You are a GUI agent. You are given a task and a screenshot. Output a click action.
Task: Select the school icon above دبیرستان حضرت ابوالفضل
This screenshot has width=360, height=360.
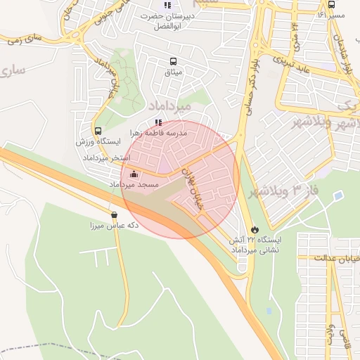167,6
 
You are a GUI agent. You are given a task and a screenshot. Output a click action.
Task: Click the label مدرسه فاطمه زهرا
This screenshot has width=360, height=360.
158,132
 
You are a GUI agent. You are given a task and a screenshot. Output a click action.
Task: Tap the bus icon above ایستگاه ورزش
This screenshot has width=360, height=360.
98,131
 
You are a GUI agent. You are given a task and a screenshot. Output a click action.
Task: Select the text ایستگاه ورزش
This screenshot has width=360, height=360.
98,142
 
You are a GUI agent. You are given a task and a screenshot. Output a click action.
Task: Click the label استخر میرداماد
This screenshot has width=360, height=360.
103,158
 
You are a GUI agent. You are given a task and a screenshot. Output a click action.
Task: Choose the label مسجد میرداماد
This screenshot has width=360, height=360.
134,184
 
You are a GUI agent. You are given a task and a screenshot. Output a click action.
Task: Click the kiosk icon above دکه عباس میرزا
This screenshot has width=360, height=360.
114,215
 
